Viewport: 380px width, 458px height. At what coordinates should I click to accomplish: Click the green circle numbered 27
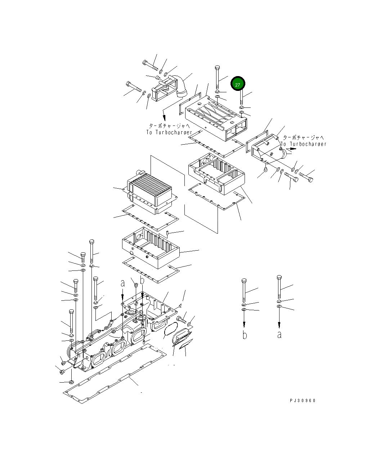pos(238,84)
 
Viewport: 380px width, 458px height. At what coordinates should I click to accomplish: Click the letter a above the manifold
pos(123,283)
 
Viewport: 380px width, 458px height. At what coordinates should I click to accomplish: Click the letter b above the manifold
pos(142,281)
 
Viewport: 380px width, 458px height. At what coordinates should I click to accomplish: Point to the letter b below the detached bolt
pos(245,335)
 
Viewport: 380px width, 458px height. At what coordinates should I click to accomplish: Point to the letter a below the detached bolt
pos(279,335)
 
